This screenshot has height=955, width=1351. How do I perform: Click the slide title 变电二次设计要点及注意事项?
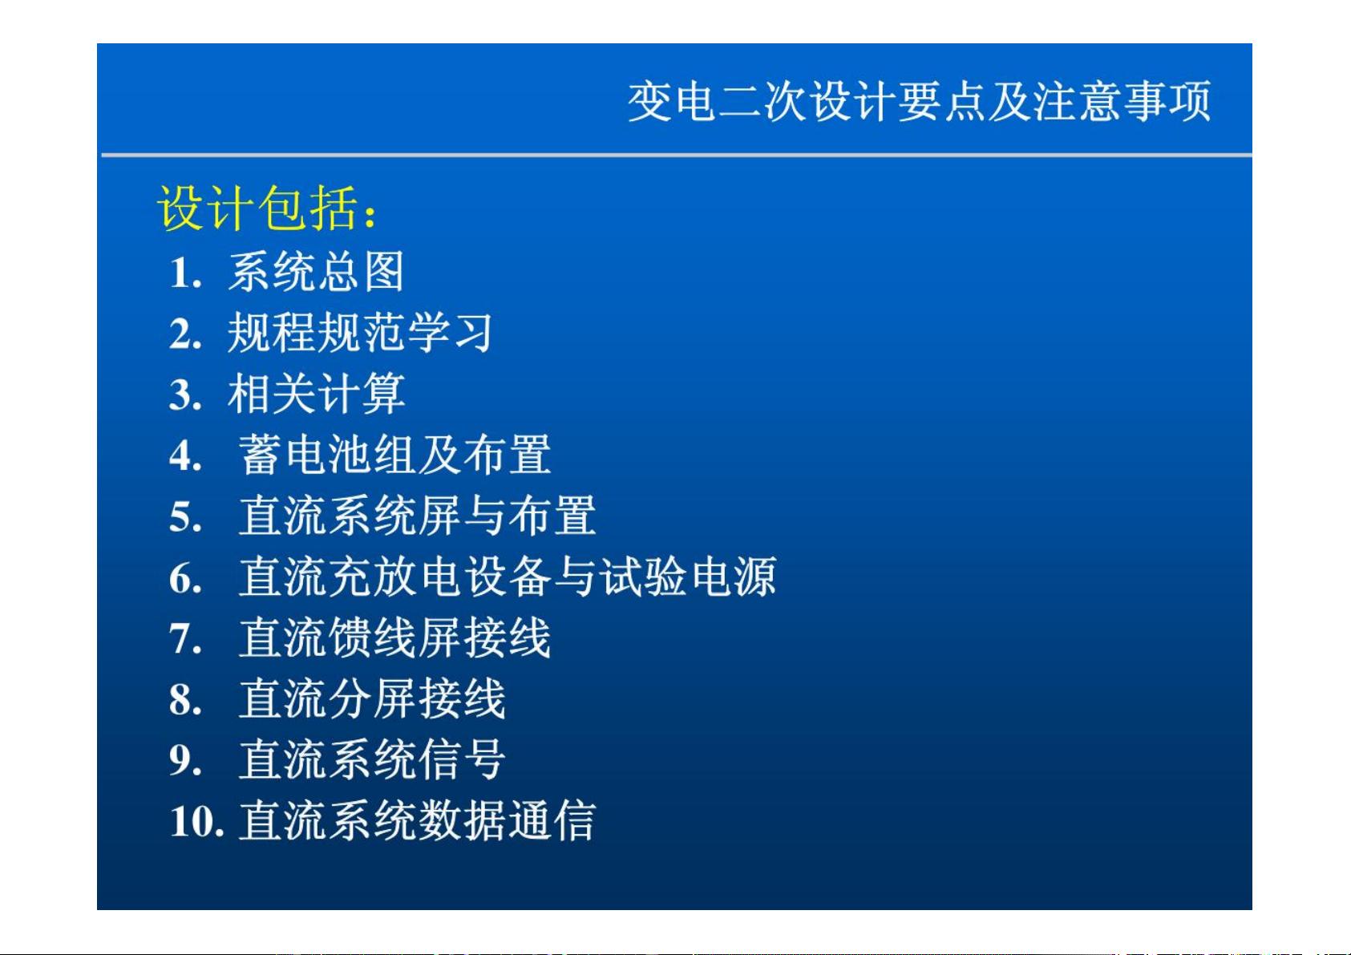click(x=919, y=101)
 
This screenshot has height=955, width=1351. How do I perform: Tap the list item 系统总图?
click(x=315, y=272)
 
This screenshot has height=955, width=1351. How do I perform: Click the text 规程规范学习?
click(x=360, y=333)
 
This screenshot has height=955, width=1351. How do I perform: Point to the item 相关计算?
click(x=316, y=394)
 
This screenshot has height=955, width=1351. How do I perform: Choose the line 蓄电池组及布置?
click(x=394, y=455)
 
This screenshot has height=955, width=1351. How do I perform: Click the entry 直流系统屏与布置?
click(x=418, y=516)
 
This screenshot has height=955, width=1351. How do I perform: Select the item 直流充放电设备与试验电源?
click(x=508, y=577)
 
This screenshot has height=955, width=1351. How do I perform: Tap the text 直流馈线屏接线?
click(x=394, y=637)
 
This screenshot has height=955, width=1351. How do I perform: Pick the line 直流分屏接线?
click(x=372, y=698)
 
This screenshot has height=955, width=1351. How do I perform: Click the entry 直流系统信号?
click(x=372, y=759)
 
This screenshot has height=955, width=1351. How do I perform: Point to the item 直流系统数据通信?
click(x=418, y=820)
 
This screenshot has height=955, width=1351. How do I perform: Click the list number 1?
click(x=185, y=273)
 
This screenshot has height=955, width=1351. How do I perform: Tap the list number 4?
click(x=185, y=455)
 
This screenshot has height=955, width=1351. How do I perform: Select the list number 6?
click(x=185, y=578)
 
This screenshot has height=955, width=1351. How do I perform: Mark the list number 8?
click(x=185, y=700)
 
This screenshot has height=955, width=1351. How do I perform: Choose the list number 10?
click(x=197, y=822)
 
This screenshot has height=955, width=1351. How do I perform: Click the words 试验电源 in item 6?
click(x=688, y=577)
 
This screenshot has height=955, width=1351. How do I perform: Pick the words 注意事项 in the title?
click(x=1122, y=101)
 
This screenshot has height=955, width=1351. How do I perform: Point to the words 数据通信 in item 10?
click(x=507, y=820)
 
